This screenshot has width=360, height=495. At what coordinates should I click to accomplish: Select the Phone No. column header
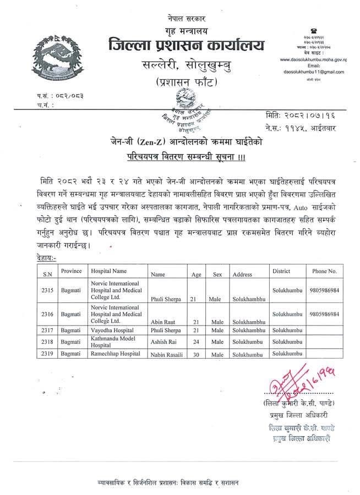click(x=324, y=271)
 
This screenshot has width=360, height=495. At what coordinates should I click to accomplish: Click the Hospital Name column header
click(x=109, y=271)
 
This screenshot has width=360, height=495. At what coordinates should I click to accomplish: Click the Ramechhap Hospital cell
click(x=115, y=353)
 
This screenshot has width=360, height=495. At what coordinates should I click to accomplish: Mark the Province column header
click(x=72, y=271)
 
